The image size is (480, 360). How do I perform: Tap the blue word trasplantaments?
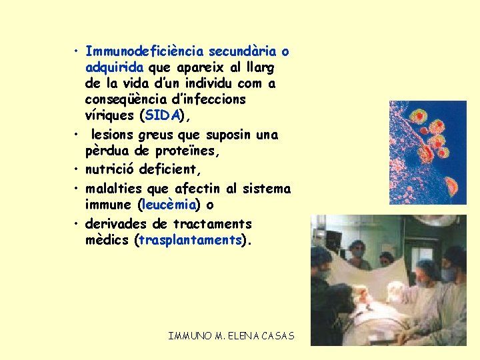189,240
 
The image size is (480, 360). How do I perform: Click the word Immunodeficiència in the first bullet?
146,51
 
